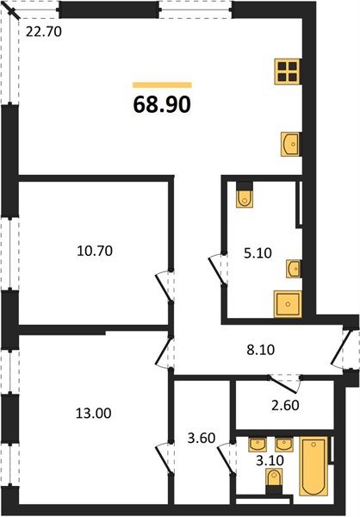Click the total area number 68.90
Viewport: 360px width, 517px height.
(x=162, y=105)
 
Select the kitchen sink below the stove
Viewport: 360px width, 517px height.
(x=289, y=144)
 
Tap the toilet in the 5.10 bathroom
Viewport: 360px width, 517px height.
(x=245, y=196)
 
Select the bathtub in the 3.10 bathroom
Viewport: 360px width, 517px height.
(x=313, y=467)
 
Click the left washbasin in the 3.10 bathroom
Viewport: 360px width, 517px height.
(x=257, y=446)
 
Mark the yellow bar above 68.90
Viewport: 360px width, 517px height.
(x=162, y=84)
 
